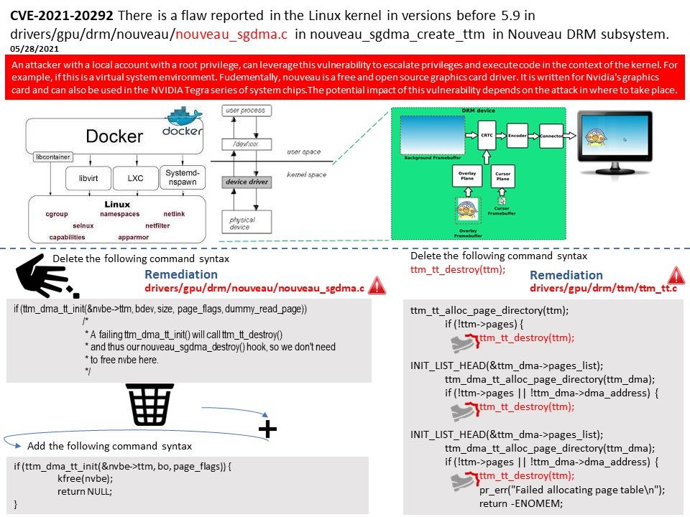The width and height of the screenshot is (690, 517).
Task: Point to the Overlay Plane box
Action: click(x=466, y=176)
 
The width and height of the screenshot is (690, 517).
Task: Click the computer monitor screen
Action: click(x=615, y=139)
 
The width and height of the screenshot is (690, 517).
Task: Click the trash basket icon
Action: click(x=149, y=404)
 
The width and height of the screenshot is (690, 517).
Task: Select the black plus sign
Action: click(x=267, y=429)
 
